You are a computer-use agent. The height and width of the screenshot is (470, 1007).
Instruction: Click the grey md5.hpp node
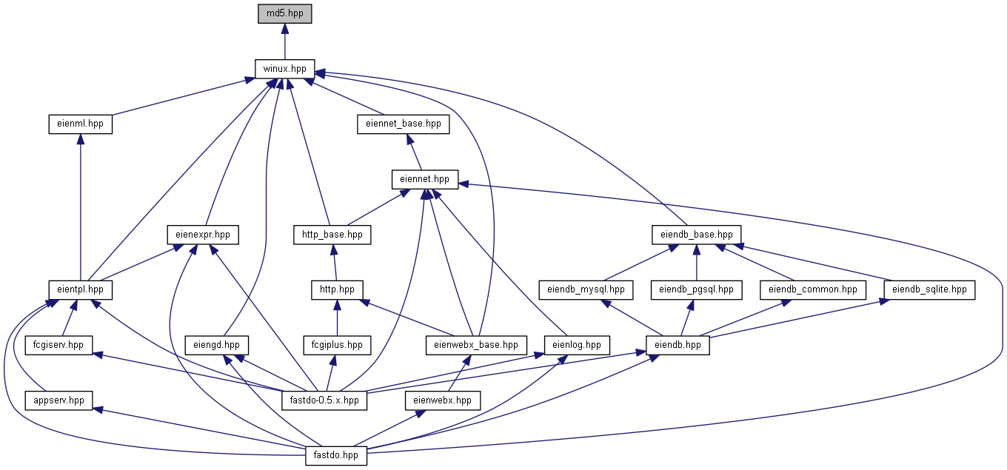pos(284,13)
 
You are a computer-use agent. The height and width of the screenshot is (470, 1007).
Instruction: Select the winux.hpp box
pos(284,69)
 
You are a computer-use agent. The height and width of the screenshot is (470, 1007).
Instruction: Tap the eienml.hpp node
pos(81,124)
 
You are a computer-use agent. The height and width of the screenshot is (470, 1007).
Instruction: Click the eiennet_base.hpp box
pos(404,124)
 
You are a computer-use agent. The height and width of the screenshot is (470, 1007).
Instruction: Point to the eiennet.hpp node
pos(425,179)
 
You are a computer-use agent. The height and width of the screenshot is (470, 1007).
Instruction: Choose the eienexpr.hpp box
pos(203,235)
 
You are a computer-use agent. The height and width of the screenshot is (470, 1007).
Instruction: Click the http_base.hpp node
pos(332,235)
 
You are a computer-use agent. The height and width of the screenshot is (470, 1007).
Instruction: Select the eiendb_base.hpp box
pos(696,235)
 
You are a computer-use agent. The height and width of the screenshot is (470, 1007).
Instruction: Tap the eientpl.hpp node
pos(81,290)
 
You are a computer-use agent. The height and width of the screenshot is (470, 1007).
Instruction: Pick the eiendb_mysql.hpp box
pos(586,290)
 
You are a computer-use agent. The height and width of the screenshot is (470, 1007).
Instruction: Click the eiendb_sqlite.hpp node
pos(929,290)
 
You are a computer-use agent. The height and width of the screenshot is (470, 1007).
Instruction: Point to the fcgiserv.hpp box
pos(58,345)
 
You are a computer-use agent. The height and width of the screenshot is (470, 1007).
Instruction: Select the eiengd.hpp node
pos(217,345)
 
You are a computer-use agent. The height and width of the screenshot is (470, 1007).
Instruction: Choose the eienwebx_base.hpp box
pos(476,345)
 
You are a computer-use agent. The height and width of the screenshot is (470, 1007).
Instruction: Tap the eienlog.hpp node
pos(577,345)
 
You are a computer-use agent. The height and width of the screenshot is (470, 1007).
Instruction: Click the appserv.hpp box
pos(59,400)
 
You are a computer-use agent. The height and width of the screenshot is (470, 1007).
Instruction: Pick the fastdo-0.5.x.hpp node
pos(324,400)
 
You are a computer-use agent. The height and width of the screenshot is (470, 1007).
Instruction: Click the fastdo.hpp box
pos(336,456)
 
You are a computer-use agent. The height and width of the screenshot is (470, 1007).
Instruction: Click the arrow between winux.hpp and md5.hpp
pos(284,41)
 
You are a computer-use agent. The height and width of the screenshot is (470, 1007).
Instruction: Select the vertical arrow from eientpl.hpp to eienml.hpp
pos(81,207)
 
